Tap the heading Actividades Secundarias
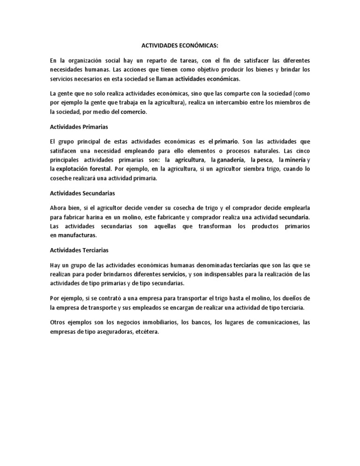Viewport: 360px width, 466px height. (x=82, y=193)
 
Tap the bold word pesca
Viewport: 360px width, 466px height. (x=264, y=159)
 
